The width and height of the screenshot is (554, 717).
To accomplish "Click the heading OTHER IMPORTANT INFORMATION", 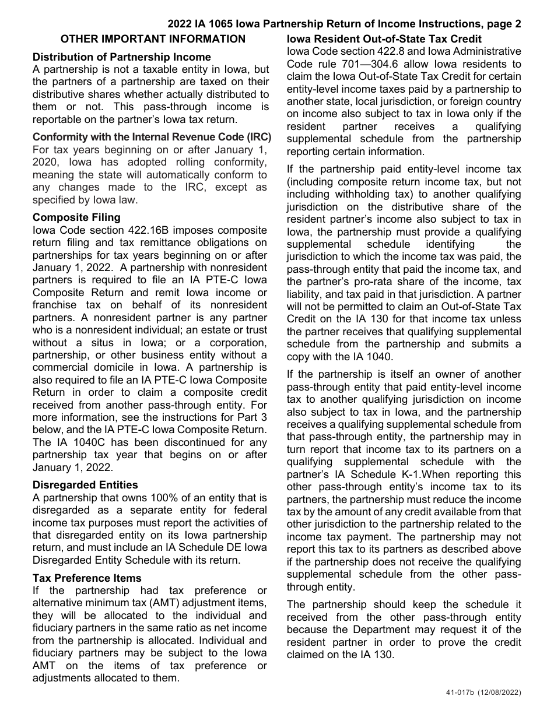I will tap(153, 39).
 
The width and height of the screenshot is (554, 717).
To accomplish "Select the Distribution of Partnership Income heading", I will tap(122, 57).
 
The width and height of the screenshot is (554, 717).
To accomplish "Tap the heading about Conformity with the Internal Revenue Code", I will tap(152, 137).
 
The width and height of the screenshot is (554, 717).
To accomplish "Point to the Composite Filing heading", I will tap(76, 217).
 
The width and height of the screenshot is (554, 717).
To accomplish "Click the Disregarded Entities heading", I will tap(85, 485).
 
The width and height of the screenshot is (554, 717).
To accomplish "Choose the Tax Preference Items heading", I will tap(87, 578).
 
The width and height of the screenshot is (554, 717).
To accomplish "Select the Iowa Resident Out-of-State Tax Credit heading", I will tap(384, 39).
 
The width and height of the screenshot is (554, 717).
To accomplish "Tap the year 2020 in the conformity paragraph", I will tap(45, 163).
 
